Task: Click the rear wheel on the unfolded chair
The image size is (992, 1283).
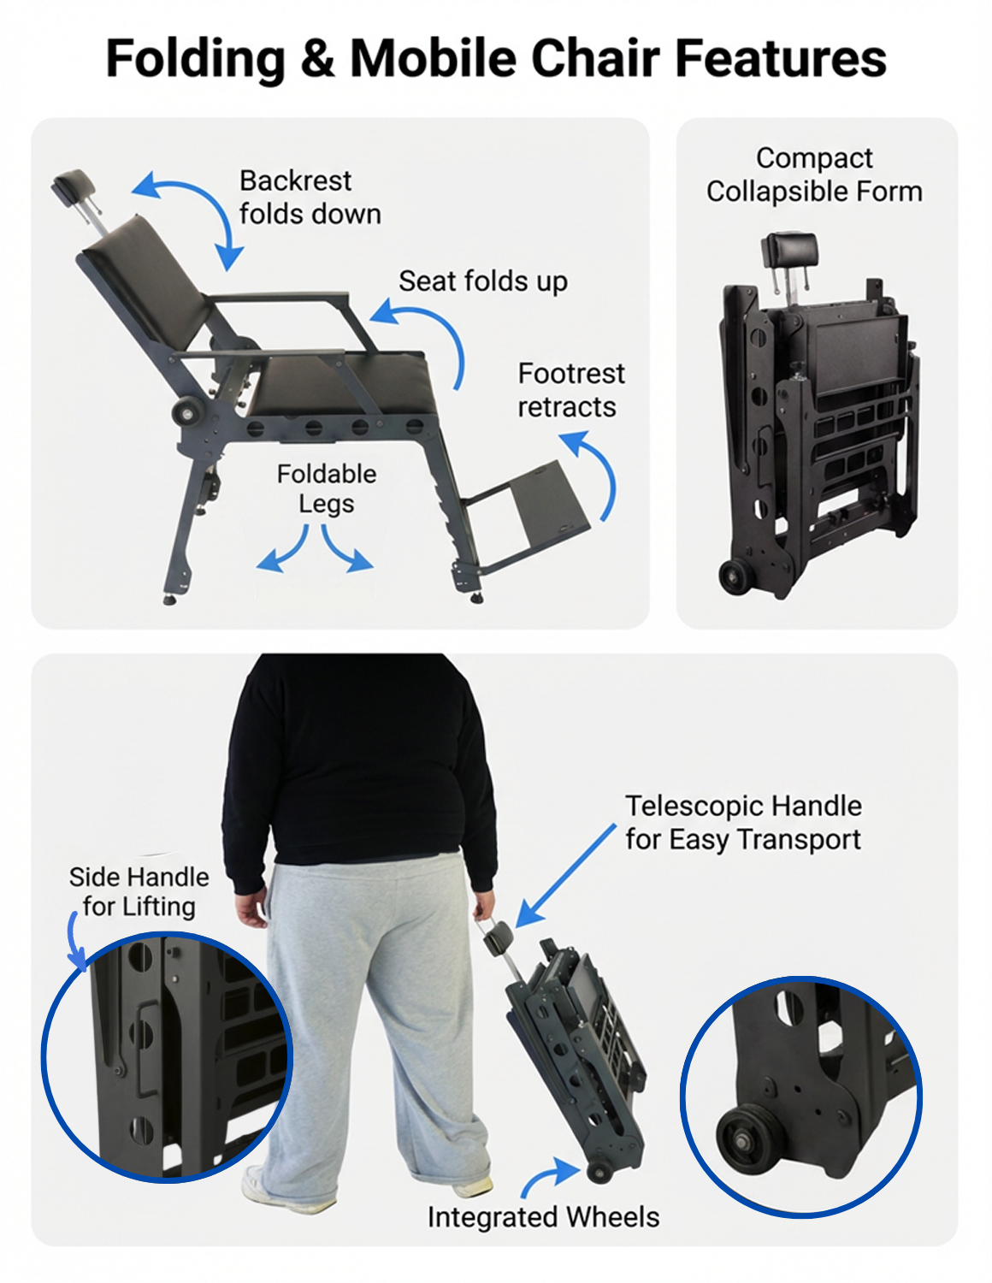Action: pyautogui.click(x=186, y=411)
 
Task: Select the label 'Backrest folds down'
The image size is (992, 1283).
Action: pyautogui.click(x=310, y=198)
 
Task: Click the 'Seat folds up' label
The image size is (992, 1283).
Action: pyautogui.click(x=482, y=281)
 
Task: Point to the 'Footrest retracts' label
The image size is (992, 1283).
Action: pyautogui.click(x=570, y=390)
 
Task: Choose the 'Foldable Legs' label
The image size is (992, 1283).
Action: pyautogui.click(x=327, y=489)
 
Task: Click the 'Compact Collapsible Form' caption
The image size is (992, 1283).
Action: pyautogui.click(x=814, y=174)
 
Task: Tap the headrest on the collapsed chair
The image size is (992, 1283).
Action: pyautogui.click(x=789, y=249)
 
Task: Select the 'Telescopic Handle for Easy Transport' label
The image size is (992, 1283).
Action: pyautogui.click(x=743, y=823)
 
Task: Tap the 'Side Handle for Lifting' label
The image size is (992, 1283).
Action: pyautogui.click(x=139, y=891)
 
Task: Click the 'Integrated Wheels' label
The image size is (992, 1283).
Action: pyautogui.click(x=544, y=1217)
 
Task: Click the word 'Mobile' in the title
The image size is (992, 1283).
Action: pyautogui.click(x=434, y=58)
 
